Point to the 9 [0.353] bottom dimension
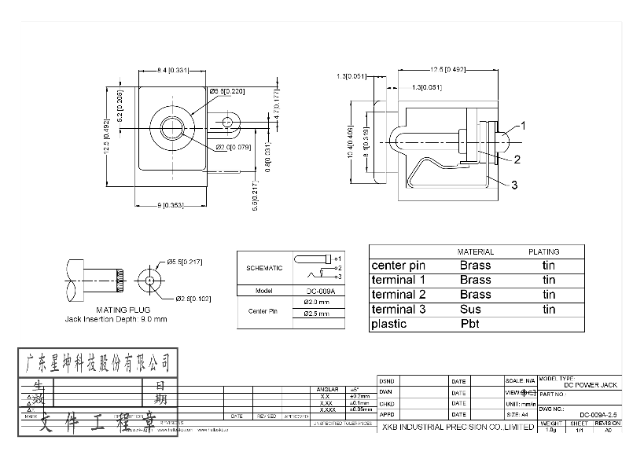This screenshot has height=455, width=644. coord(171,205)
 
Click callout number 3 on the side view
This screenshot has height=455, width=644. coord(513,185)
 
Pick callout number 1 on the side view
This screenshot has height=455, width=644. coord(523,125)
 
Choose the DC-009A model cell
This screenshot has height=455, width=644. coord(320,290)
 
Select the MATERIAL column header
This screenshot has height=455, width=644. coord(475,252)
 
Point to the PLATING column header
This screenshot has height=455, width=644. coord(543,252)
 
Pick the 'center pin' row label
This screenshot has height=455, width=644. coord(399,266)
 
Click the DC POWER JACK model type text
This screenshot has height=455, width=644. coord(591,384)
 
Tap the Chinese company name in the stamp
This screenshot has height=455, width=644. coord(98,361)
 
